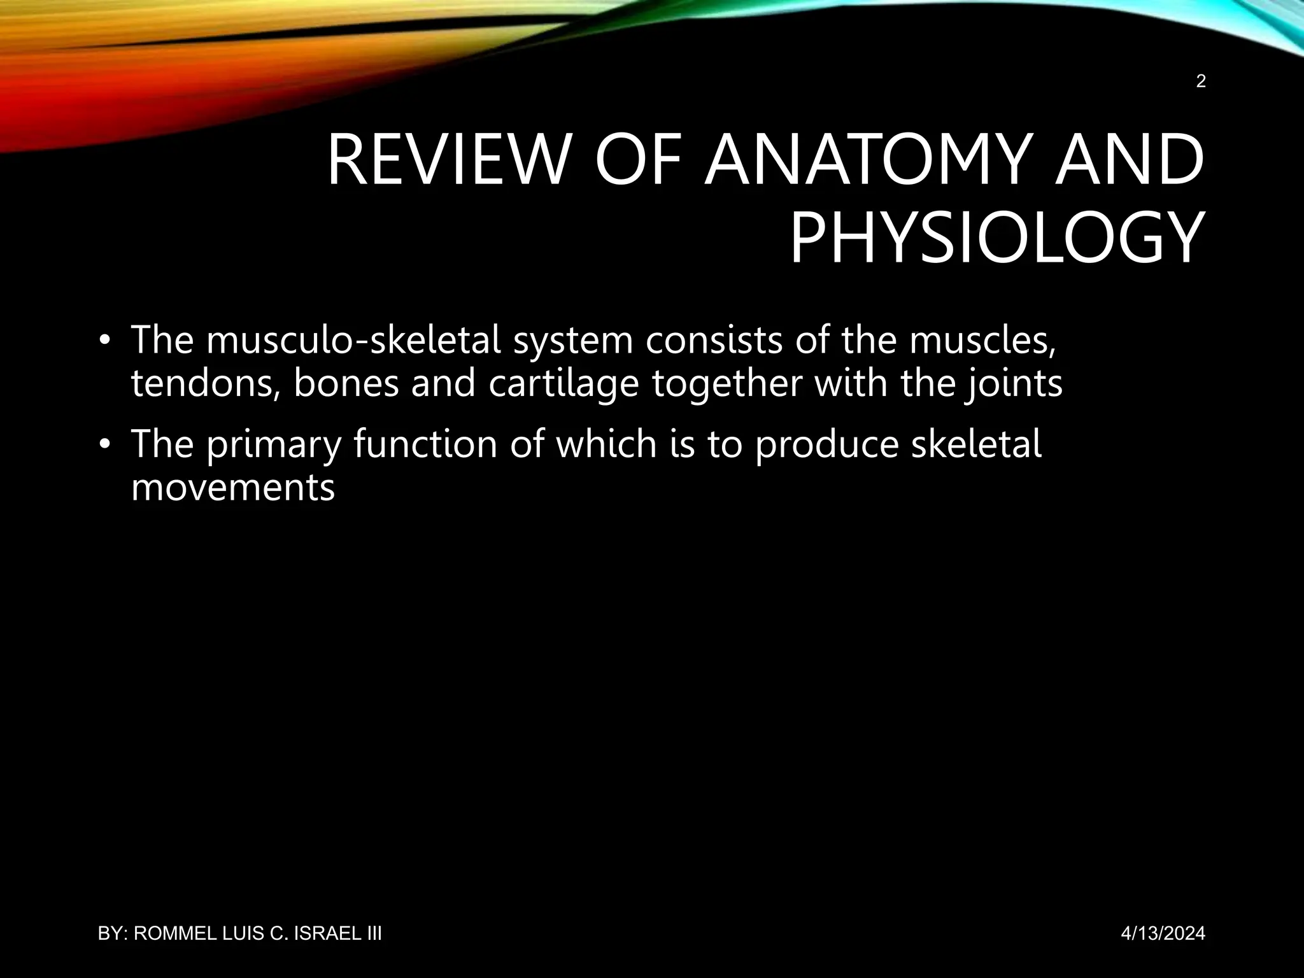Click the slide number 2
[1201, 81]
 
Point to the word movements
[233, 488]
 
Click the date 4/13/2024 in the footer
[1163, 934]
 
